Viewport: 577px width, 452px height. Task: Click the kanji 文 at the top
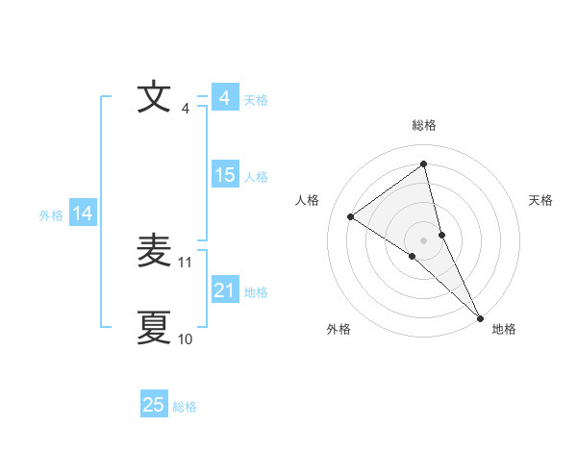pos(156,98)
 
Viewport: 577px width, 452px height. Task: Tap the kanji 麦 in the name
pos(156,252)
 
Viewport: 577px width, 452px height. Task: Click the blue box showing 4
pos(224,98)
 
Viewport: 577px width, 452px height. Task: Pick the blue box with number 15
pos(224,175)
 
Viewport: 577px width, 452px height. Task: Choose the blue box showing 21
pos(224,290)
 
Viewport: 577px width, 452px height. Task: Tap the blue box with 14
pos(83,213)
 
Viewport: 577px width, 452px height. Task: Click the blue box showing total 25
pos(154,405)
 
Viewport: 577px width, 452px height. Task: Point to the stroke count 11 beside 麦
pos(187,263)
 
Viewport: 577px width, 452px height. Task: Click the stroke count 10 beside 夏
pos(186,339)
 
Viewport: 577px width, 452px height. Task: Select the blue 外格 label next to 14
pos(51,215)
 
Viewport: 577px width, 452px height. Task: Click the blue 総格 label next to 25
pos(185,407)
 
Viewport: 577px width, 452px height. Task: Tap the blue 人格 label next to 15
pos(256,177)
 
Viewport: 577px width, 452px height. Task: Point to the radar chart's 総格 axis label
pos(424,125)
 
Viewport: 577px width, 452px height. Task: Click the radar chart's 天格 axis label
pos(541,200)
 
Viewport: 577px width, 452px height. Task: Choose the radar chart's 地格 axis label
pos(504,329)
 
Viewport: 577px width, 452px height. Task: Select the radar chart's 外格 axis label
pos(339,329)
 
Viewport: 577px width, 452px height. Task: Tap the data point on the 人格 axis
pos(350,216)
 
